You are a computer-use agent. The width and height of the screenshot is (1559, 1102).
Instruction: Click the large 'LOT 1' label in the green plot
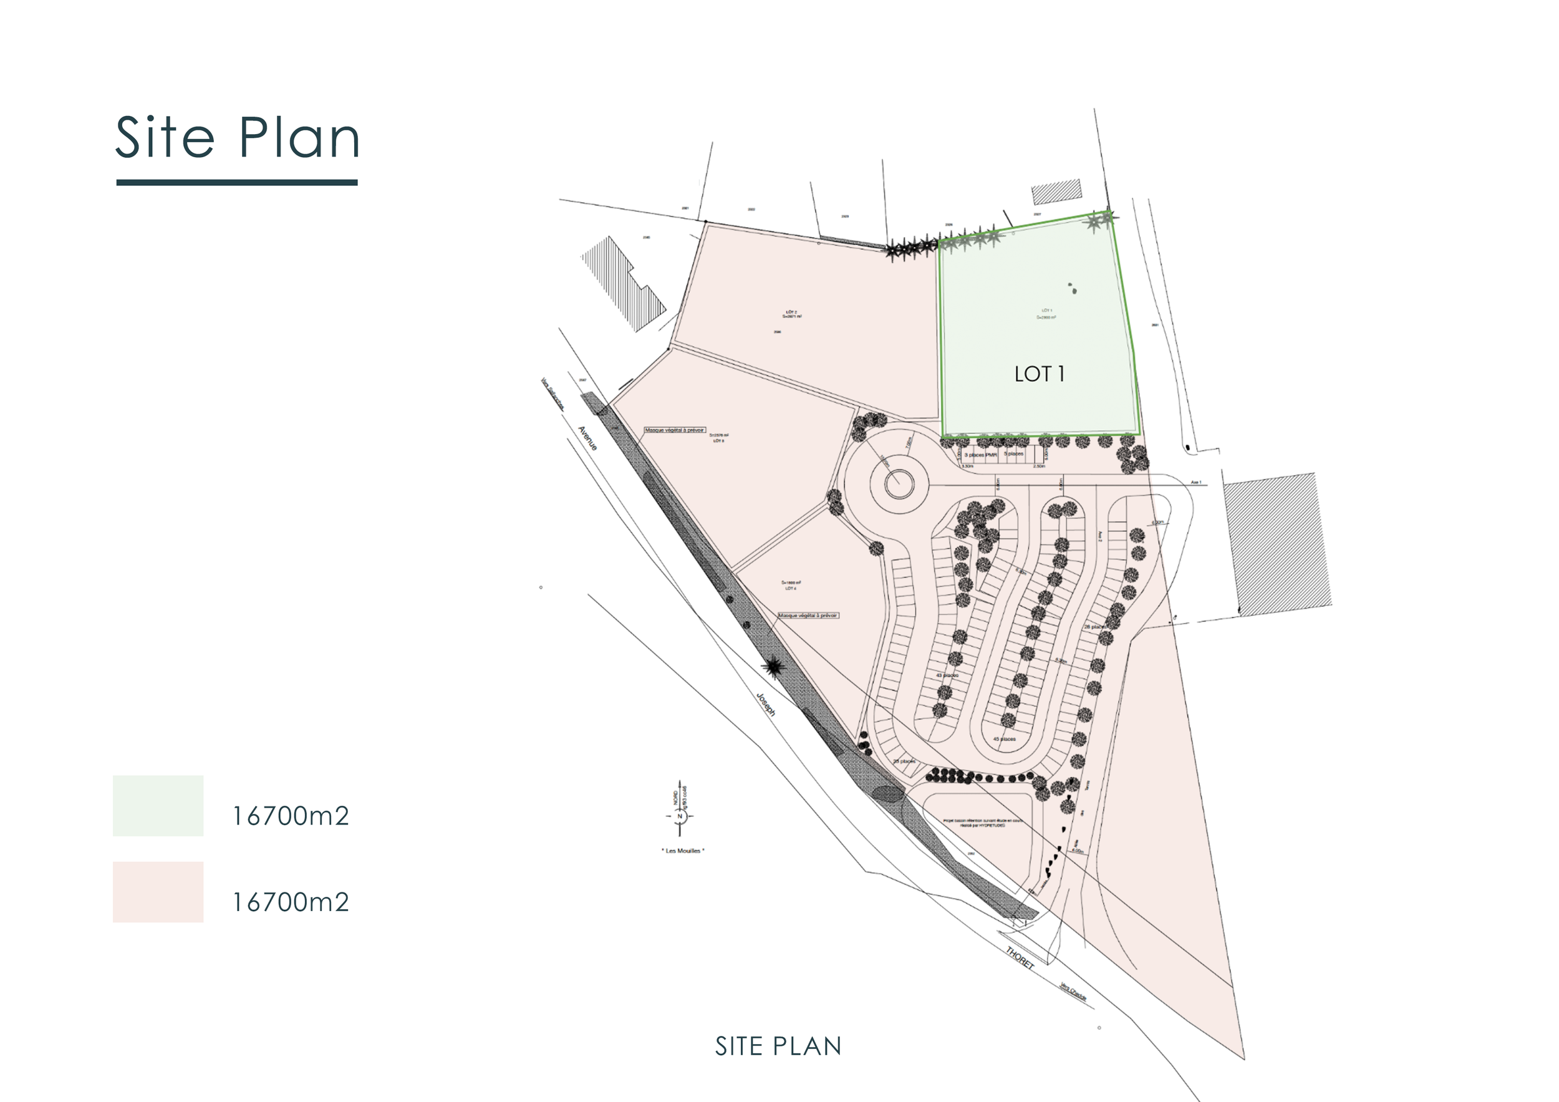tap(1039, 374)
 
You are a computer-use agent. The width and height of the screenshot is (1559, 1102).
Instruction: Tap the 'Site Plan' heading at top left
tap(237, 138)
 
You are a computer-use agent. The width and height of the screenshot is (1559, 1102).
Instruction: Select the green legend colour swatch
tap(158, 805)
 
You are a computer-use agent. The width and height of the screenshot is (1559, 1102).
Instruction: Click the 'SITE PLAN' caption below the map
tap(778, 1047)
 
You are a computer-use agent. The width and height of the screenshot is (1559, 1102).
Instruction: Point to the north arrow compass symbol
tap(680, 816)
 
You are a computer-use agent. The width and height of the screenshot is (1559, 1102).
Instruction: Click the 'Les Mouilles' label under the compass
tap(683, 851)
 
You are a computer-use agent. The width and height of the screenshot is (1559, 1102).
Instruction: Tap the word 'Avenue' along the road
tap(587, 438)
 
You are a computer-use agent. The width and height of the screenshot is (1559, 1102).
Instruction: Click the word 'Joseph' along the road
tap(766, 704)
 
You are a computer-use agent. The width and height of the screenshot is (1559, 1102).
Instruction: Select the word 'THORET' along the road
tap(1020, 958)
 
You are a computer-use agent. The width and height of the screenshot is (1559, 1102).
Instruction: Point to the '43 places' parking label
tap(947, 675)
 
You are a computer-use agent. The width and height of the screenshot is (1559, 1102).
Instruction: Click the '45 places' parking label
tap(1004, 739)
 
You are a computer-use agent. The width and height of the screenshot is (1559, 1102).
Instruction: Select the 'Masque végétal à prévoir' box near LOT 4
tap(808, 615)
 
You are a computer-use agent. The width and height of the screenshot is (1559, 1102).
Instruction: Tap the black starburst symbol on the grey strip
tap(773, 667)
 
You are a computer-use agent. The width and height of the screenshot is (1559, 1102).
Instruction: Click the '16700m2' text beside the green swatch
tap(291, 816)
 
